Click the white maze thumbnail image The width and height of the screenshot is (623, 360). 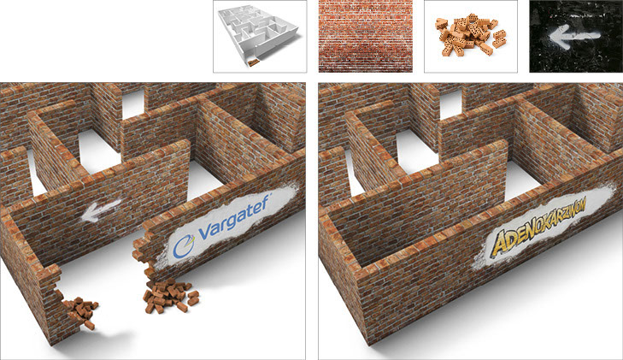pyautogui.click(x=260, y=37)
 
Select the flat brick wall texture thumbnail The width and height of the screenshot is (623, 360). pyautogui.click(x=366, y=36)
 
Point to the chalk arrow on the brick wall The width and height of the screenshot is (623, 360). pyautogui.click(x=100, y=210)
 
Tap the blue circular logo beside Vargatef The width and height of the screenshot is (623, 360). pyautogui.click(x=184, y=247)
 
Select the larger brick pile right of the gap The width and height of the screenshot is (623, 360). pyautogui.click(x=170, y=296)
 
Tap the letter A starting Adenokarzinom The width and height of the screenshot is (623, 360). pyautogui.click(x=497, y=244)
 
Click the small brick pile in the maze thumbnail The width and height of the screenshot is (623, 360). pyautogui.click(x=253, y=62)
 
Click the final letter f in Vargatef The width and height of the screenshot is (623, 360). pyautogui.click(x=266, y=201)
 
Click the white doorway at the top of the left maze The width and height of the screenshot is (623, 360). pyautogui.click(x=133, y=104)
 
